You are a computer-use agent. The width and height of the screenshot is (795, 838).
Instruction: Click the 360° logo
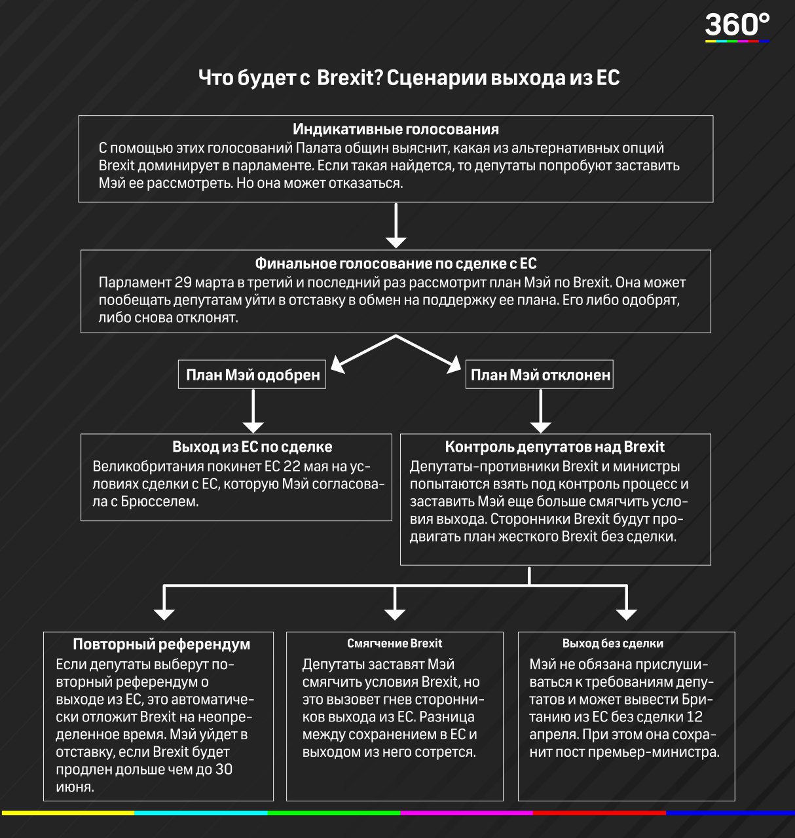pyautogui.click(x=737, y=27)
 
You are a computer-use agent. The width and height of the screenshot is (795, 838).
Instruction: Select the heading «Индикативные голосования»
pyautogui.click(x=396, y=129)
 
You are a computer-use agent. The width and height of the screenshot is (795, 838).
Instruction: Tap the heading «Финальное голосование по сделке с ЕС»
pyautogui.click(x=396, y=263)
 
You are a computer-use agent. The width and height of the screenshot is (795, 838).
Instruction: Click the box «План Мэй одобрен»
pyautogui.click(x=252, y=374)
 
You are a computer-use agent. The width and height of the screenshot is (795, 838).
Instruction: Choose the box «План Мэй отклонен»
pyautogui.click(x=540, y=374)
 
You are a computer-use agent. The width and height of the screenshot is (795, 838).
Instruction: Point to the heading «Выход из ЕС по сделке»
pyautogui.click(x=252, y=446)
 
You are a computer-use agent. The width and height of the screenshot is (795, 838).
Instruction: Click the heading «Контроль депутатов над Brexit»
pyautogui.click(x=555, y=446)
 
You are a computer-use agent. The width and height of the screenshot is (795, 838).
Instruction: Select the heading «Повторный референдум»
pyautogui.click(x=162, y=644)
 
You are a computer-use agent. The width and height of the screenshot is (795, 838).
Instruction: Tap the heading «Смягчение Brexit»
pyautogui.click(x=394, y=643)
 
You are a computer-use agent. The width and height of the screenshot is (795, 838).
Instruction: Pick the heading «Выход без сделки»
pyautogui.click(x=613, y=643)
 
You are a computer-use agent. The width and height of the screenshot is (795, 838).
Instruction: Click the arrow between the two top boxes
pyautogui.click(x=396, y=225)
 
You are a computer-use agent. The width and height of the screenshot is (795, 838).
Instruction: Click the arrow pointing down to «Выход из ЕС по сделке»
pyautogui.click(x=253, y=411)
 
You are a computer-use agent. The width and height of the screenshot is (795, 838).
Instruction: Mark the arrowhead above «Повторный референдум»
pyautogui.click(x=164, y=615)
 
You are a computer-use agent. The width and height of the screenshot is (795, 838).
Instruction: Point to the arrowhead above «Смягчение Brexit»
pyautogui.click(x=395, y=615)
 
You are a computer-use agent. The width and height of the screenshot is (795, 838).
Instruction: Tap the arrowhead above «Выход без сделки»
pyautogui.click(x=627, y=615)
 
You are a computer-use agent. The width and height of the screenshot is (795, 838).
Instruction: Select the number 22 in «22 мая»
pyautogui.click(x=291, y=466)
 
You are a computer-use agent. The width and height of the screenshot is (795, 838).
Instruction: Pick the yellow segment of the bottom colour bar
pyautogui.click(x=68, y=813)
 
